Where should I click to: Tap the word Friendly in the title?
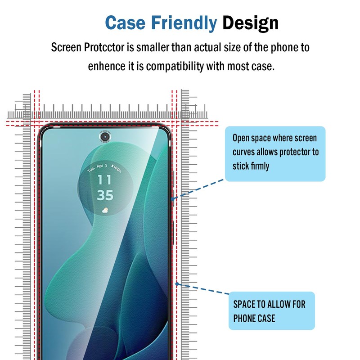pos(184,22)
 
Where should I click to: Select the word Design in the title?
pos(250,22)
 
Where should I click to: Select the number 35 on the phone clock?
pos(105,196)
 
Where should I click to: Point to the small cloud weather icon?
pos(105,210)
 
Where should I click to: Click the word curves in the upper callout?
pos(243,152)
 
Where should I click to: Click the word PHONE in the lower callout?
pos(244,318)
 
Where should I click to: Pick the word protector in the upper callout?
pos(295,152)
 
